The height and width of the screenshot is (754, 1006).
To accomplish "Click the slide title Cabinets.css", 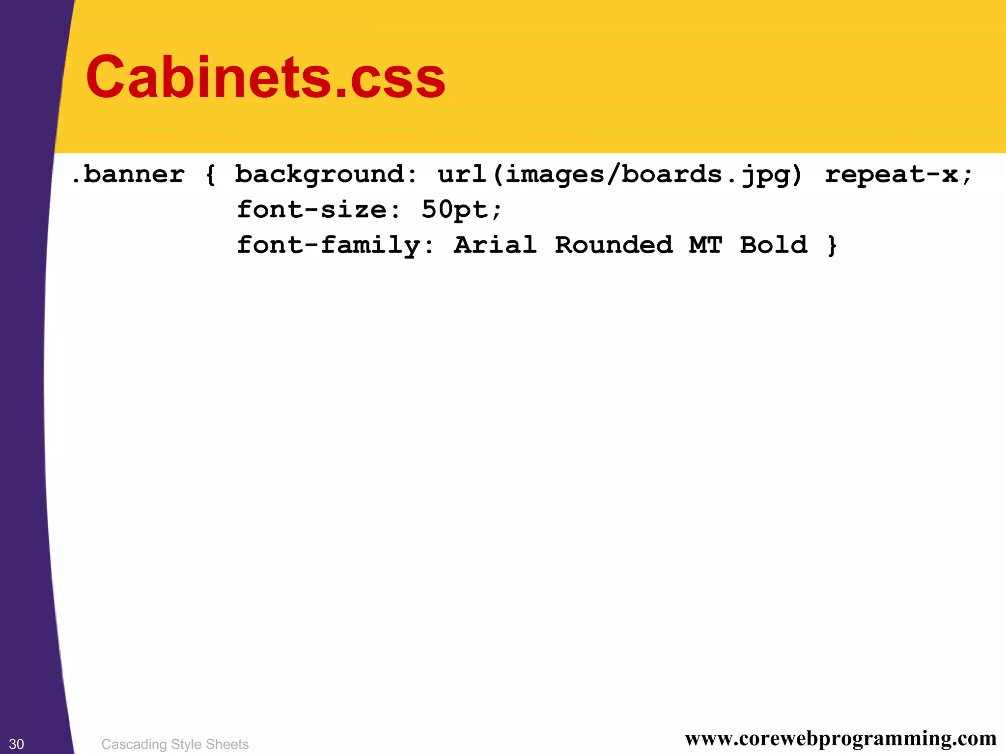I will click(265, 77).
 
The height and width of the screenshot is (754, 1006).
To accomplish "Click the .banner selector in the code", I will click(128, 174).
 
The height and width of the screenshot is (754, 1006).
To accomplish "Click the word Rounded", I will click(614, 245).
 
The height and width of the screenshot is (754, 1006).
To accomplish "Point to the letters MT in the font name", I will click(706, 245).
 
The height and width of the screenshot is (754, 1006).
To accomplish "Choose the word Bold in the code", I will click(774, 245).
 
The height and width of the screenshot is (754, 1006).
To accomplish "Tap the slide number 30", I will click(17, 744).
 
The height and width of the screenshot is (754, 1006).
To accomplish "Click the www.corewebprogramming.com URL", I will click(840, 738).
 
